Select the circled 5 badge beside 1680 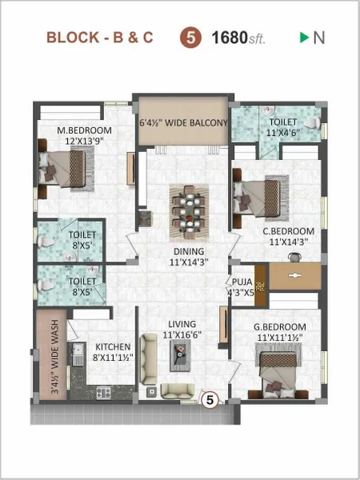194,38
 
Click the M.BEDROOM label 84,136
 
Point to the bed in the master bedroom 67,167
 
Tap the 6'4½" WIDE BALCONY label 184,123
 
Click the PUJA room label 242,286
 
